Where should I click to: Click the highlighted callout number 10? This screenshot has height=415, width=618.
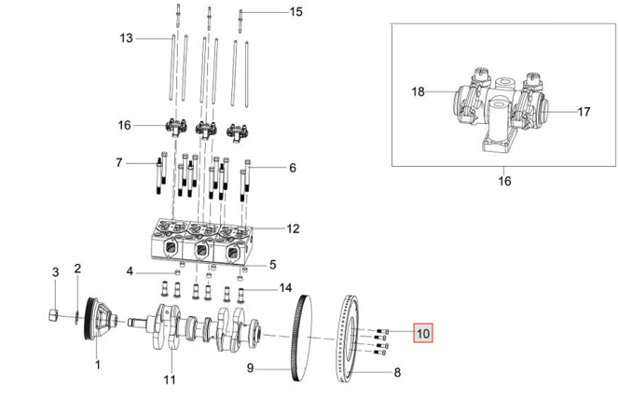coord(423,333)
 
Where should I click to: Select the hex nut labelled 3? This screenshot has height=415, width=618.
coord(54,315)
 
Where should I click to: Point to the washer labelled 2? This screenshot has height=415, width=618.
coord(76,316)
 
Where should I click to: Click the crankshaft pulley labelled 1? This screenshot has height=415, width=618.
coord(100,318)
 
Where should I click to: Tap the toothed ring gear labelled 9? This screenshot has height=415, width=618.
coord(302,338)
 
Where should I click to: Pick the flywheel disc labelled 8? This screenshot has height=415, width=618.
coord(348,339)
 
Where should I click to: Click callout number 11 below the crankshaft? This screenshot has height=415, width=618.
coord(170,380)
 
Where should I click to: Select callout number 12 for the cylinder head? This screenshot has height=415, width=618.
coord(293,228)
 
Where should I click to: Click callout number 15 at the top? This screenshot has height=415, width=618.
coord(296,12)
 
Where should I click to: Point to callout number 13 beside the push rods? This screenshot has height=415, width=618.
coord(126,38)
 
